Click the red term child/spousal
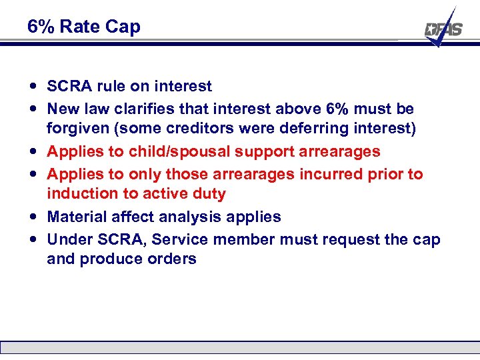pos(181,151)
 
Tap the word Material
pos(76,217)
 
